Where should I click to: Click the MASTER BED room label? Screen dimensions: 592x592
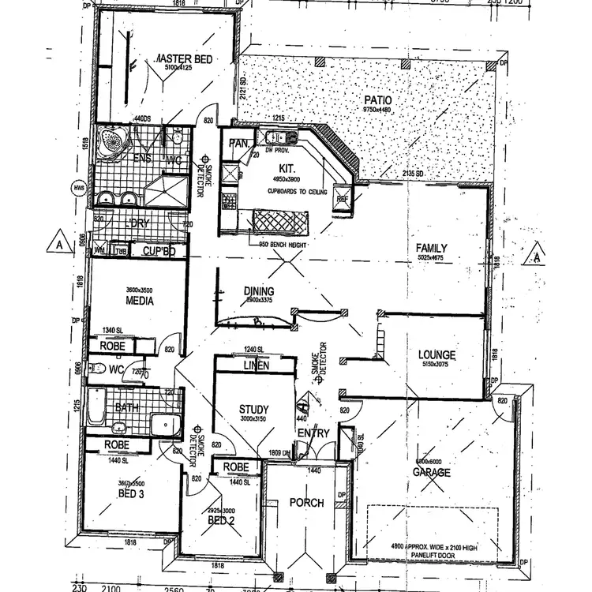182,59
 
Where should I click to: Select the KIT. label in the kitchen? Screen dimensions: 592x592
286,168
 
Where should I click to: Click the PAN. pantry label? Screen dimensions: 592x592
238,144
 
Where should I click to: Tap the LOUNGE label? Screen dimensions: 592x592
437,354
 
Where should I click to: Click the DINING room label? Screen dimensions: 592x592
258,291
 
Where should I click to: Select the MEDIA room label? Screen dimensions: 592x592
139,301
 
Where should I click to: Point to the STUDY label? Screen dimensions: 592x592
254,408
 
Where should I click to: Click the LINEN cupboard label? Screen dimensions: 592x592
256,365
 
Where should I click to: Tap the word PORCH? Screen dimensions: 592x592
306,503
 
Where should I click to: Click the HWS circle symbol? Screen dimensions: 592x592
78,188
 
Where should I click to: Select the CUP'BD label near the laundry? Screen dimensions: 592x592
163,252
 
